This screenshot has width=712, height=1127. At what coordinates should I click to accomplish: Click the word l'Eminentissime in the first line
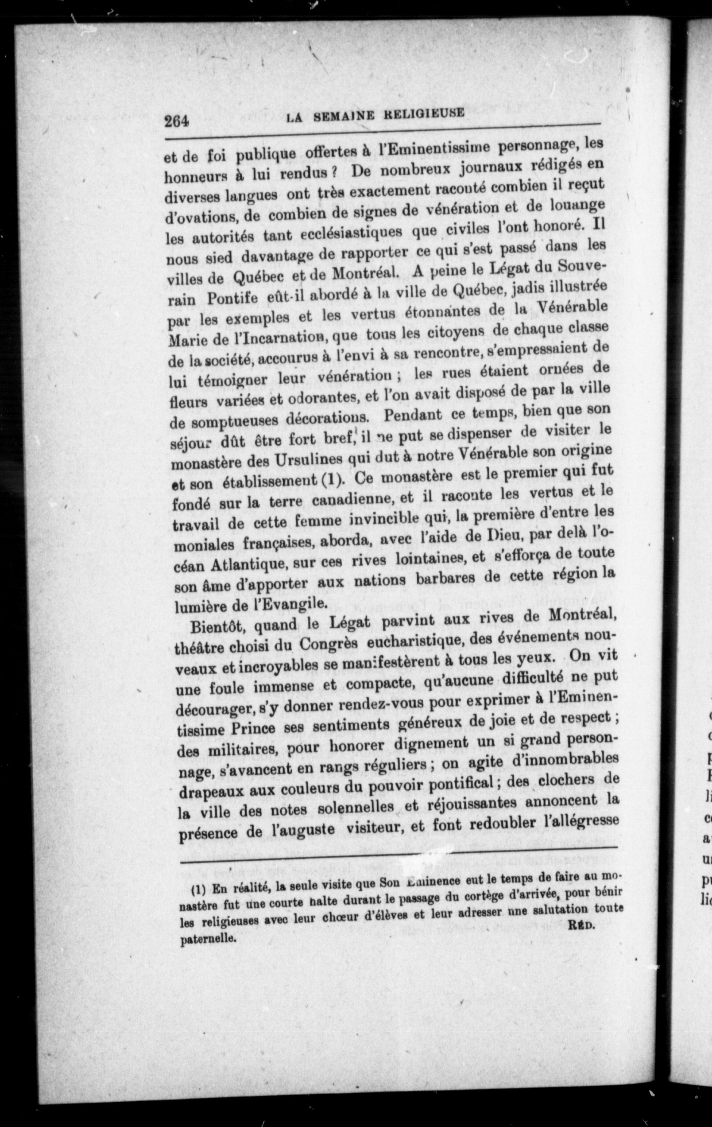[427, 150]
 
